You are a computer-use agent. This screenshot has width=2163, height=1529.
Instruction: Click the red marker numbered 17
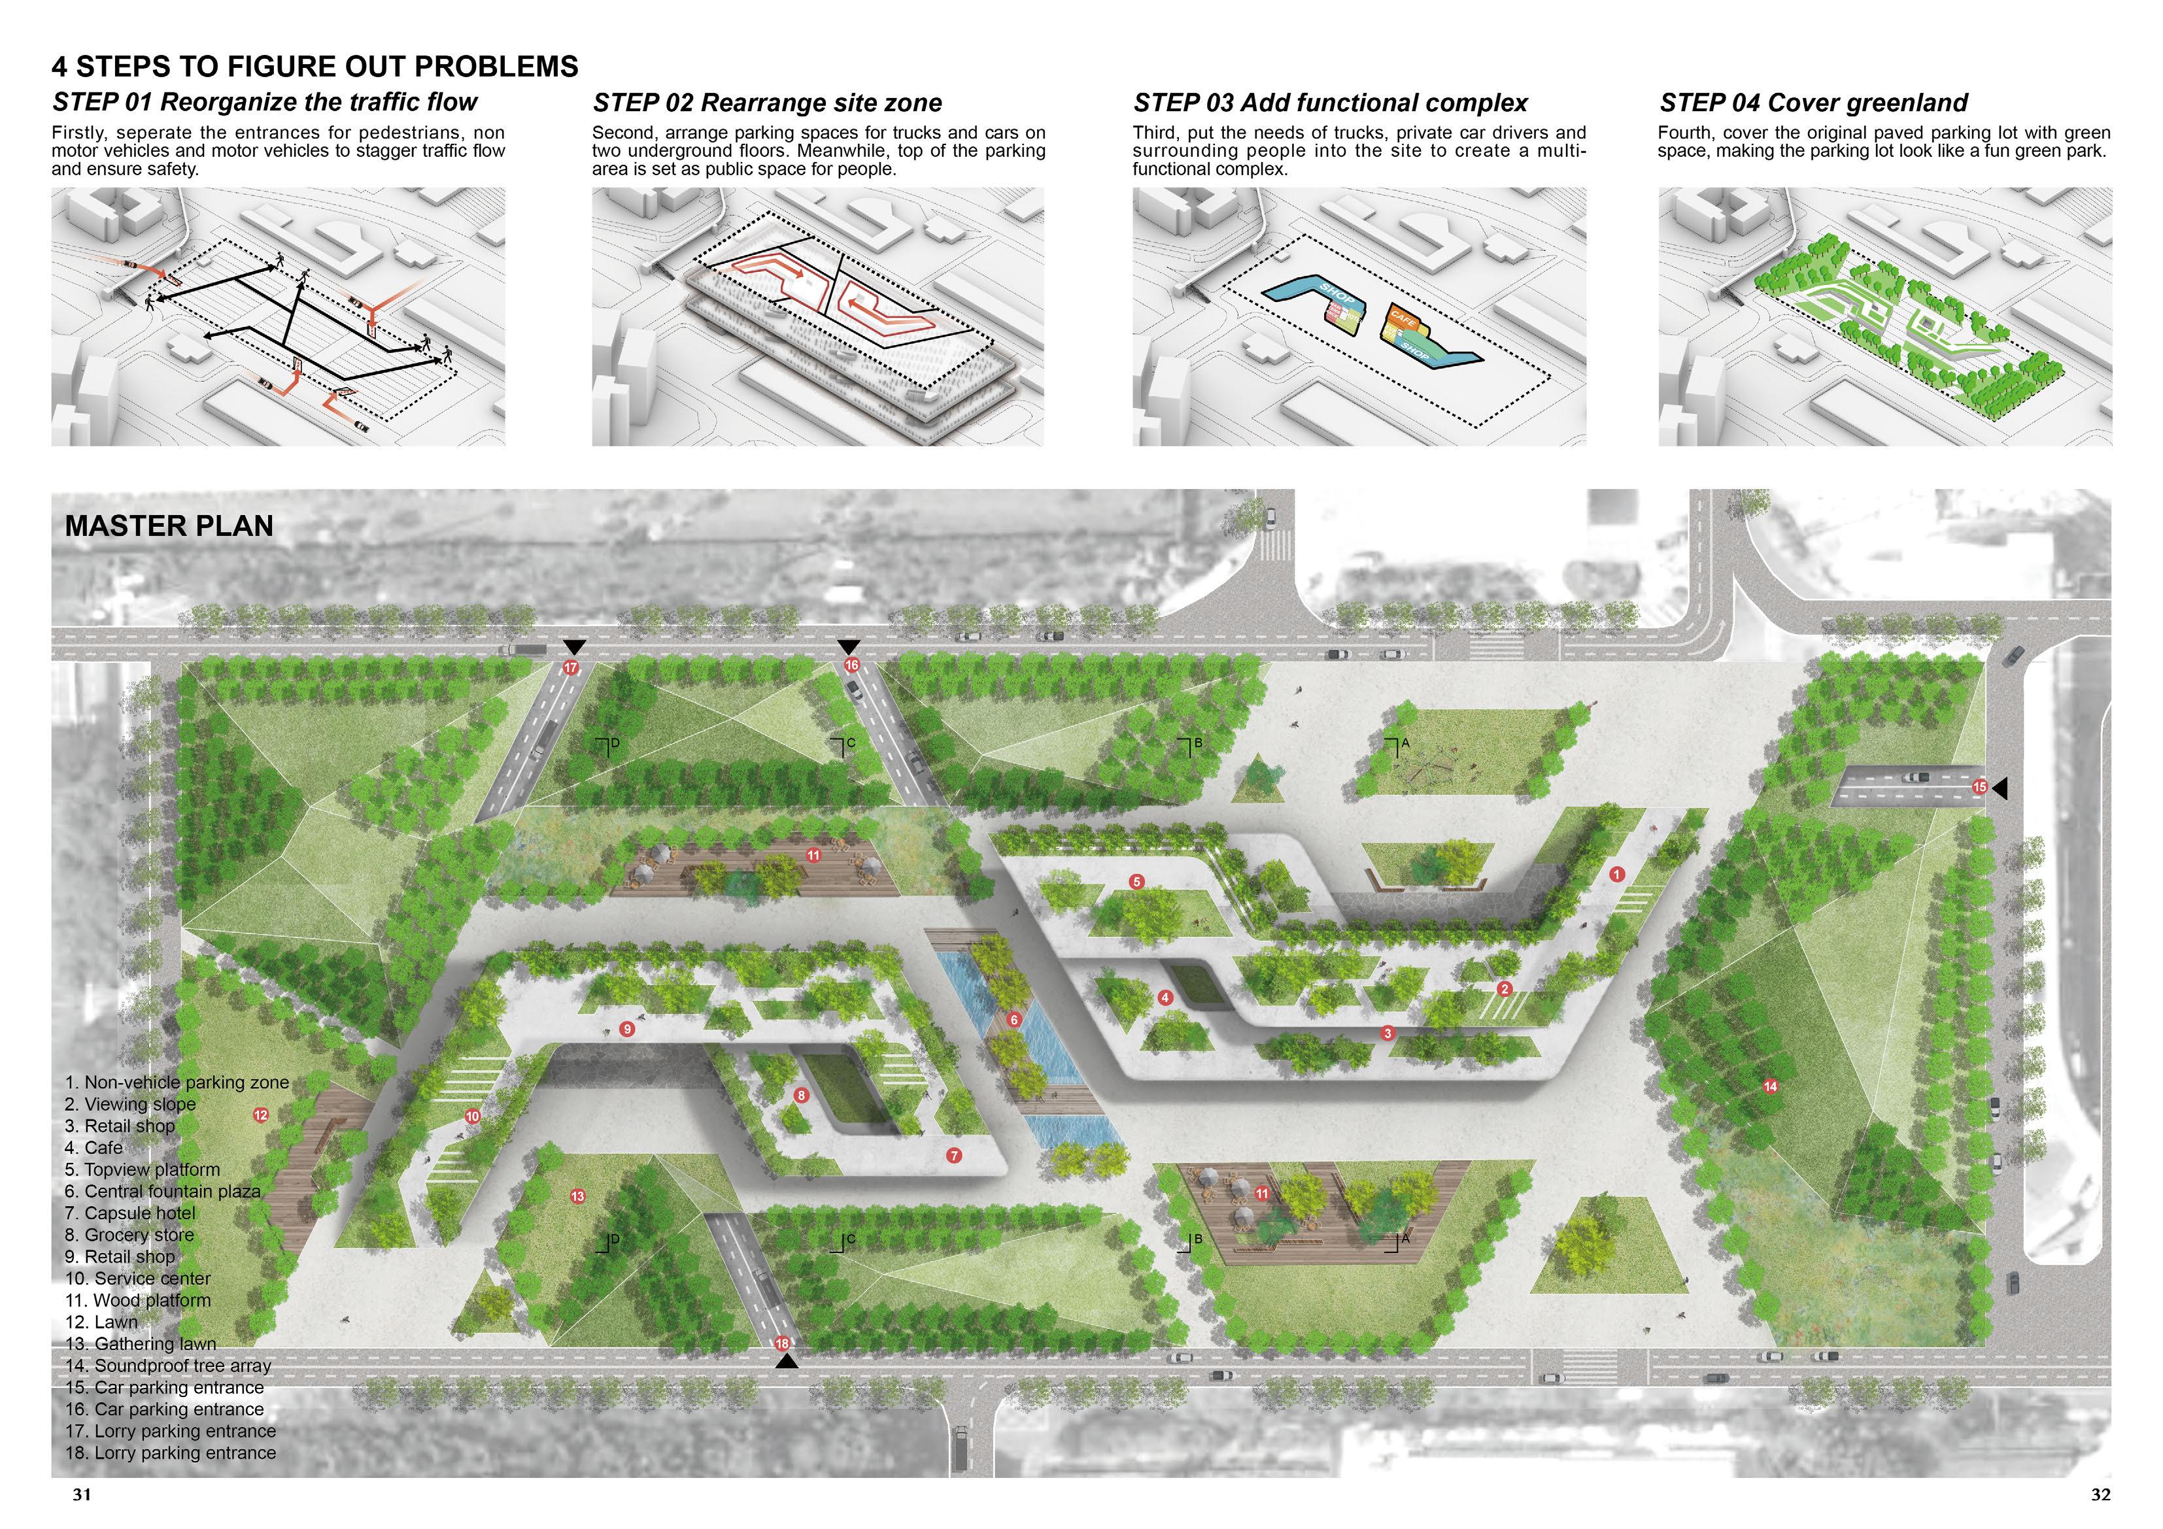pyautogui.click(x=570, y=667)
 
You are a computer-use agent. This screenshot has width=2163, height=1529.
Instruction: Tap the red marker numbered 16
pyautogui.click(x=851, y=665)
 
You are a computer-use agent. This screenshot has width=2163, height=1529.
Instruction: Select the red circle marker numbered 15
pyautogui.click(x=1979, y=786)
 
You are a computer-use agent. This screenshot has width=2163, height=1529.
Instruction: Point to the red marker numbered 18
pyautogui.click(x=781, y=1343)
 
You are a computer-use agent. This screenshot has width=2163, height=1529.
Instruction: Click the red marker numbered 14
pyautogui.click(x=1770, y=1086)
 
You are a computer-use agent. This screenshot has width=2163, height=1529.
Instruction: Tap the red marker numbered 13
pyautogui.click(x=577, y=1196)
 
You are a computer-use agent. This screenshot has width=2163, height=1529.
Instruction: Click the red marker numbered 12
pyautogui.click(x=261, y=1115)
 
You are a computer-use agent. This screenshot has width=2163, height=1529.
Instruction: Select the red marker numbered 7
pyautogui.click(x=954, y=1155)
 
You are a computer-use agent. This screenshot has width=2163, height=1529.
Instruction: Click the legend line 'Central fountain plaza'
pyautogui.click(x=163, y=1192)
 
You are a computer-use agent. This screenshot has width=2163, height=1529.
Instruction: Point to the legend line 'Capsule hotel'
pyautogui.click(x=131, y=1213)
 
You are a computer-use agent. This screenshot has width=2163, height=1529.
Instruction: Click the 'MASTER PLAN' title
pyautogui.click(x=169, y=526)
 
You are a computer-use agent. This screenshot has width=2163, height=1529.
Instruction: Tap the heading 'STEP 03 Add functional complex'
pyautogui.click(x=1330, y=103)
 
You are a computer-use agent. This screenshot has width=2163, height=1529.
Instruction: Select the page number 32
pyautogui.click(x=2100, y=1494)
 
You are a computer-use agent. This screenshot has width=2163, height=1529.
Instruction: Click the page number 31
pyautogui.click(x=82, y=1494)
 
